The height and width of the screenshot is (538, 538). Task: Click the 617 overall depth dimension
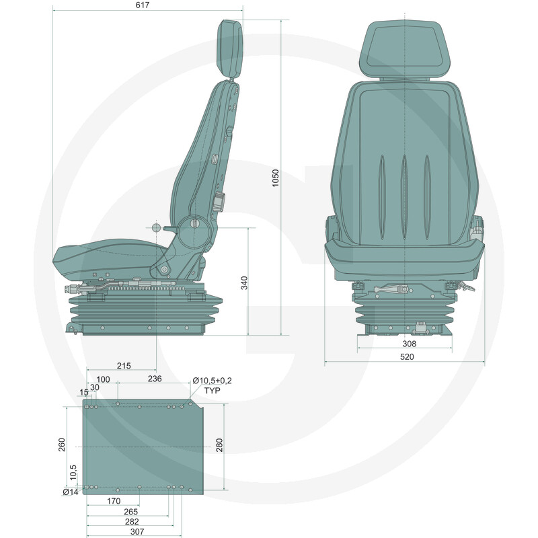coord(143,5)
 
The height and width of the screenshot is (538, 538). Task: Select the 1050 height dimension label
coord(276,178)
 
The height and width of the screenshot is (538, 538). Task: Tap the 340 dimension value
coord(244,283)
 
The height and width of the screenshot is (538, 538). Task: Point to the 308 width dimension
coord(409,344)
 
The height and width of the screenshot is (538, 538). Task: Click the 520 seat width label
coord(407,357)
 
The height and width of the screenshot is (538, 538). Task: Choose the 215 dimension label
coord(124,366)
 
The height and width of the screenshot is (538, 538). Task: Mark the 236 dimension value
coord(155,379)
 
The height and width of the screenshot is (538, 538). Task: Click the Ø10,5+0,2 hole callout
coord(212,381)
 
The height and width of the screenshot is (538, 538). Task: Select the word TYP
coord(213,391)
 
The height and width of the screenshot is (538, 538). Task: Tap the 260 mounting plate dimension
coord(61,445)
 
